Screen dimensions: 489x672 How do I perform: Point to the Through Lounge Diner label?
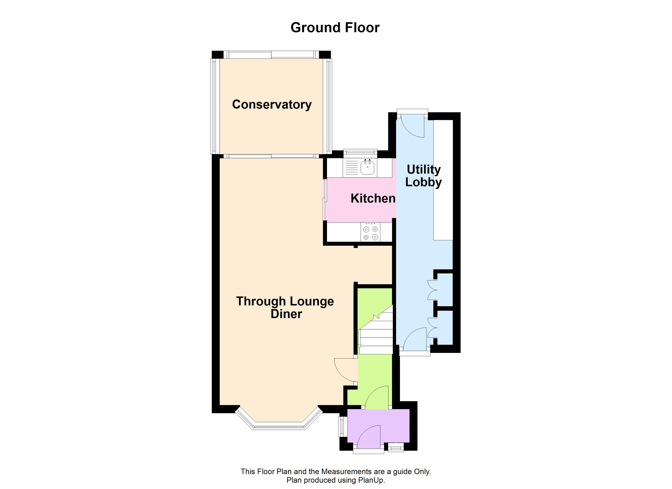click(x=285, y=307)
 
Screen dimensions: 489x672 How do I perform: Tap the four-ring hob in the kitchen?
click(x=370, y=233)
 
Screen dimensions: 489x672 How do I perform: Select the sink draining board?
click(x=352, y=168)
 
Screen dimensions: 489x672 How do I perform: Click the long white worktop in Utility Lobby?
click(x=443, y=180)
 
